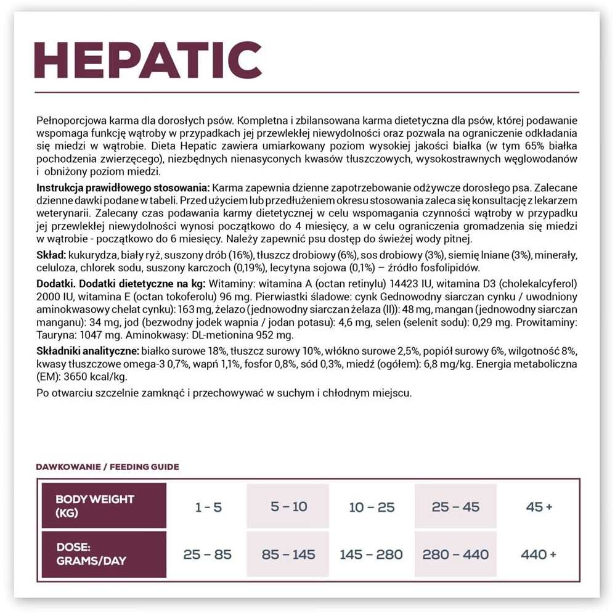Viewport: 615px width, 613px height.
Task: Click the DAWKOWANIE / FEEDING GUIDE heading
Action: coord(108,467)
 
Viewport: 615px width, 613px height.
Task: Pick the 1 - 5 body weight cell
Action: coord(208,507)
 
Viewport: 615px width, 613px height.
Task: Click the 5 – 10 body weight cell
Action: coord(288,507)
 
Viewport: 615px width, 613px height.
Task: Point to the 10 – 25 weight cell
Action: coord(372,507)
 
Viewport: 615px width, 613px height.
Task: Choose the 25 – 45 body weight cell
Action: coord(455,507)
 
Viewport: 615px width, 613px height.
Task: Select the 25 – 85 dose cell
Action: coord(208,554)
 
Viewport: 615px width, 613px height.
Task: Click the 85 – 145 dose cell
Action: coord(288,554)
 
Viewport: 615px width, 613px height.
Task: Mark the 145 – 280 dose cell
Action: coord(372,554)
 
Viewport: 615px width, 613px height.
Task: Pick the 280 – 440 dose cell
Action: coord(455,554)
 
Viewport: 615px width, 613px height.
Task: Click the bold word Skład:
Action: coord(51,255)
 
